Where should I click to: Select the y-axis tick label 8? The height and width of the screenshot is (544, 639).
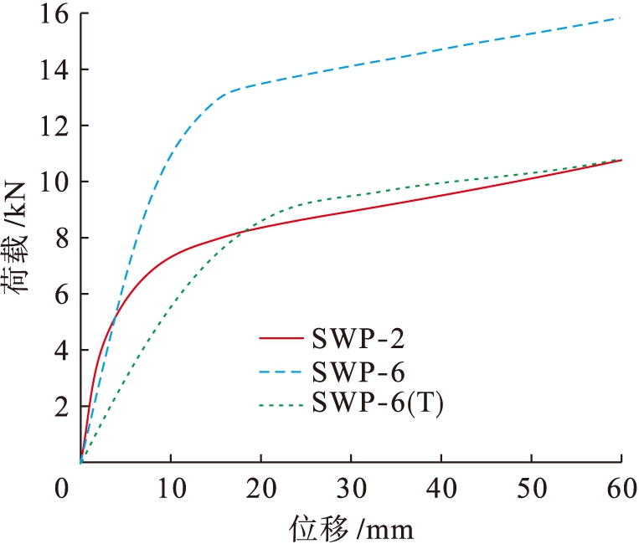tap(56, 238)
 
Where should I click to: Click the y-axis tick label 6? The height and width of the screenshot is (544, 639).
tap(56, 294)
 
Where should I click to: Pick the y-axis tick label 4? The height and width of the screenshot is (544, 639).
tap(56, 350)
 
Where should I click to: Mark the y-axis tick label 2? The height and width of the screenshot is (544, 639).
tap(56, 406)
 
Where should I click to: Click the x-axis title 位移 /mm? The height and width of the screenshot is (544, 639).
tap(352, 528)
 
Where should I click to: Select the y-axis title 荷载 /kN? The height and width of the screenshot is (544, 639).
tap(18, 239)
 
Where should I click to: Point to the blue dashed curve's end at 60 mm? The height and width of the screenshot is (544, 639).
tap(621, 18)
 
